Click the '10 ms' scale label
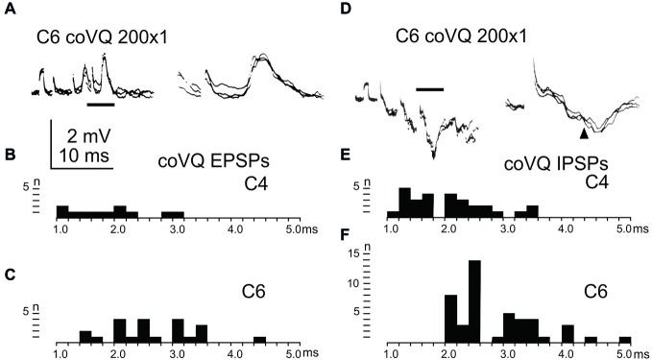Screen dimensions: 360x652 pos(85,154)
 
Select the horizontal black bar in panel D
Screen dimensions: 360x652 pos(429,89)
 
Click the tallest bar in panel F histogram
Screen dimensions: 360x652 pos(474,300)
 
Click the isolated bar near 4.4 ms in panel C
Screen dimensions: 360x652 pos(259,339)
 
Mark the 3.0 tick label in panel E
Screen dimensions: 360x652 pos(508,229)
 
